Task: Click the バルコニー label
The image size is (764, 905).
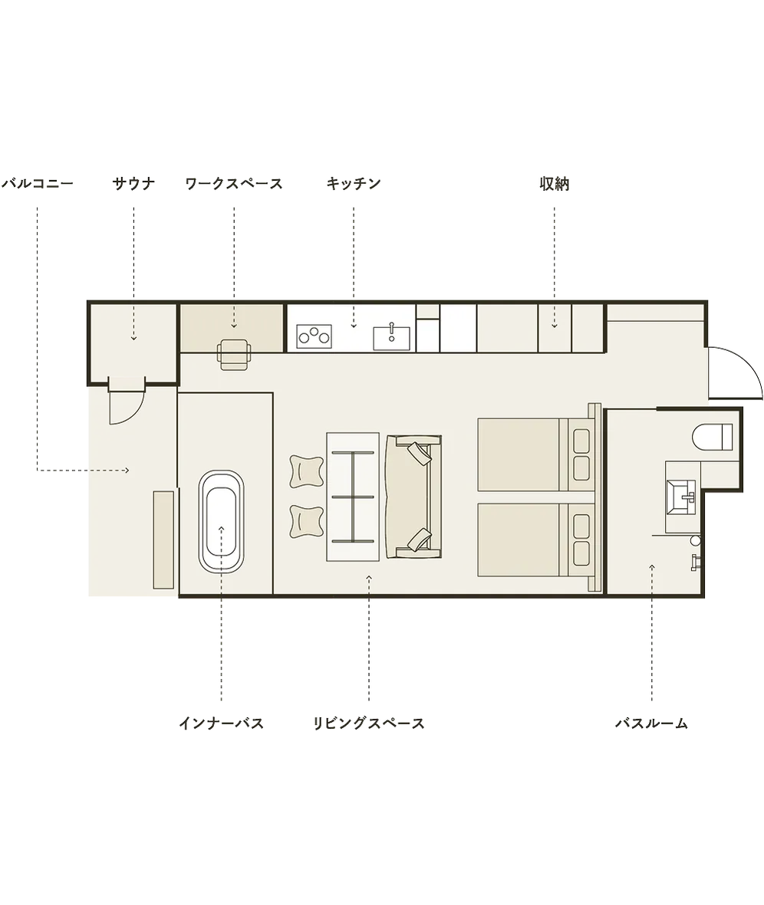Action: (38, 184)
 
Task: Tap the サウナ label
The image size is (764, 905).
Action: (133, 184)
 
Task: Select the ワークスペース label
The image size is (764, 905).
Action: (234, 184)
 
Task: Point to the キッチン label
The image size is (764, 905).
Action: (354, 184)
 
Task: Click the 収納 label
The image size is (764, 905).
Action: (555, 184)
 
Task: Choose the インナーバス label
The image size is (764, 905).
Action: (222, 723)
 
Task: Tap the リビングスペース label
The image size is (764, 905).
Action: (369, 723)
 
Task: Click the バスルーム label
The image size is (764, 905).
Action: (651, 723)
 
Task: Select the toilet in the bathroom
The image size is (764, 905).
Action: (712, 437)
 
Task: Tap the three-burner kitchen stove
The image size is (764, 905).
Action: (314, 336)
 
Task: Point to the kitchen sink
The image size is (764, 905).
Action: (392, 338)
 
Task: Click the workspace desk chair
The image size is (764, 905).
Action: (235, 354)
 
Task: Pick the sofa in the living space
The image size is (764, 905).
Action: (413, 497)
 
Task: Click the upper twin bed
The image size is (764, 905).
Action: (536, 454)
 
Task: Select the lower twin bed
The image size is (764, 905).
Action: (536, 540)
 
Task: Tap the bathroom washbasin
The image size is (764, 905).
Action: (682, 497)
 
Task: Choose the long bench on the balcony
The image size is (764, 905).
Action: (163, 539)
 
